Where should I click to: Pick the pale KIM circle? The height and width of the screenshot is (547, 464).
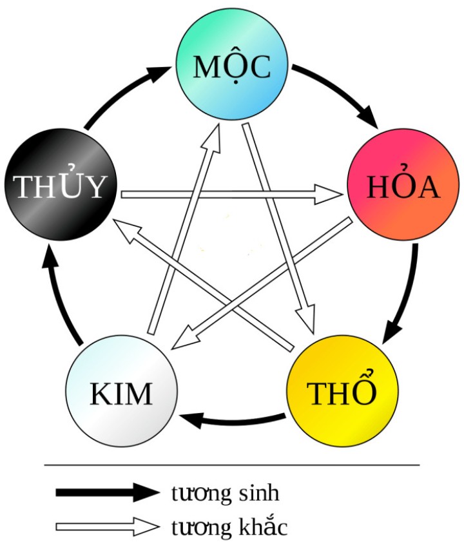(x=122, y=392)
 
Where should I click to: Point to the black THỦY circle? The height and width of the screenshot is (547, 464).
(x=60, y=186)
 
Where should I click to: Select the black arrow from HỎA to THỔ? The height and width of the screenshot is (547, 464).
(x=406, y=290)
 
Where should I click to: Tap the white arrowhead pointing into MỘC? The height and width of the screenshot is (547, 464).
(x=213, y=135)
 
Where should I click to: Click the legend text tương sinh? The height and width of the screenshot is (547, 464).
(x=226, y=494)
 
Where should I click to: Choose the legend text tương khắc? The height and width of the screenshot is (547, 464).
(x=229, y=527)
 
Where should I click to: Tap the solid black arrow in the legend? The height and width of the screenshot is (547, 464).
(x=106, y=493)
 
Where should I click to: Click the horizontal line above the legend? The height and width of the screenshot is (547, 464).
(x=232, y=465)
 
